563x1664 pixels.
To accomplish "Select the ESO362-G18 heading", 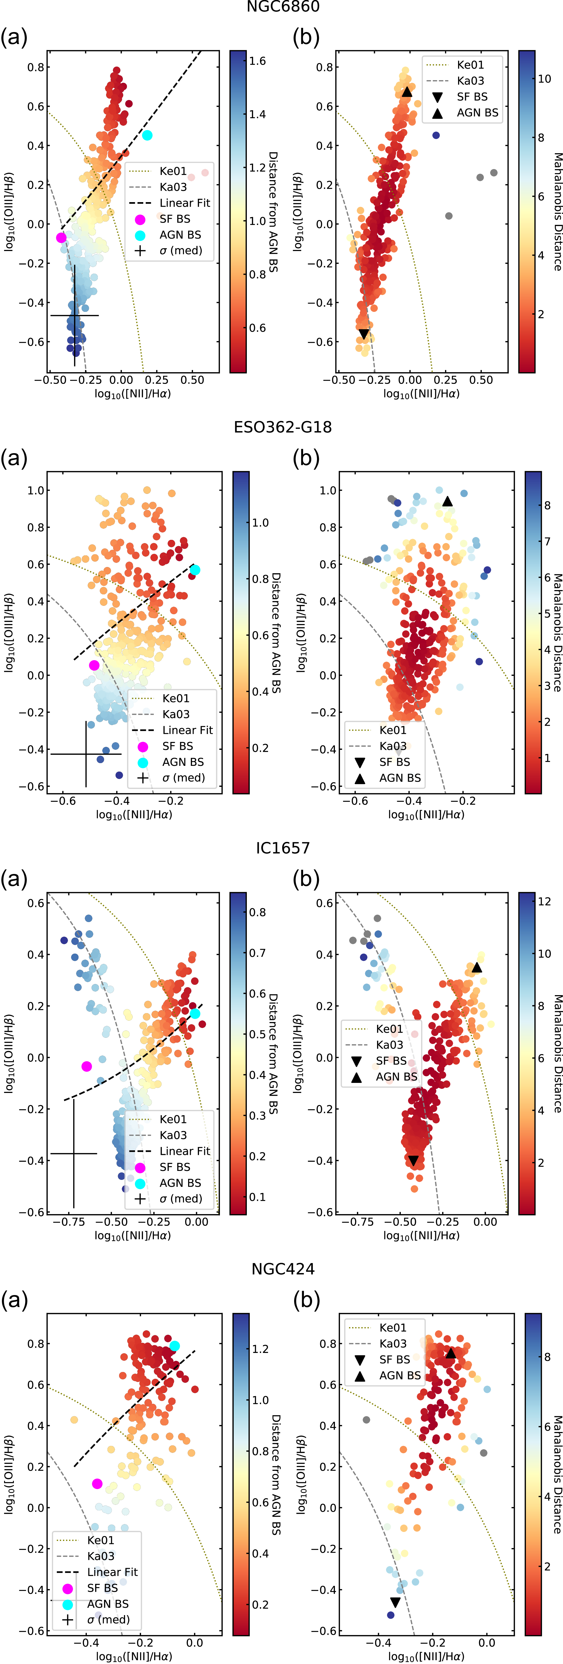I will click(282, 427).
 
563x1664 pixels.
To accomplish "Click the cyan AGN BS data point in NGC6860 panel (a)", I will click(147, 135).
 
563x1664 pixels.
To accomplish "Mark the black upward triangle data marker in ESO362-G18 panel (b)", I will click(447, 501).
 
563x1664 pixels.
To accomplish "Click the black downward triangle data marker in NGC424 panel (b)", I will click(395, 1602).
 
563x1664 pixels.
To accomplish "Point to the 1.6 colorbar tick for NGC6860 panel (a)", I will click(257, 61).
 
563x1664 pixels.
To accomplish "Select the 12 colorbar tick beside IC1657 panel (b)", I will click(544, 901).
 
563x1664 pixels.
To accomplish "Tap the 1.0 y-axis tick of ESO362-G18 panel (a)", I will click(36, 490).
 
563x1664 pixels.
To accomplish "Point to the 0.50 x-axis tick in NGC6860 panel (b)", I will click(481, 380).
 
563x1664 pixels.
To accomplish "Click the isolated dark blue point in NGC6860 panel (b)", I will click(436, 135).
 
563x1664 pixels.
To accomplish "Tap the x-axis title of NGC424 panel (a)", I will click(134, 1656).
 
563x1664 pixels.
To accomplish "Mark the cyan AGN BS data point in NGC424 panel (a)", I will click(175, 1346).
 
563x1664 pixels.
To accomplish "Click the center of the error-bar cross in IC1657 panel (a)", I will click(74, 1153).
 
